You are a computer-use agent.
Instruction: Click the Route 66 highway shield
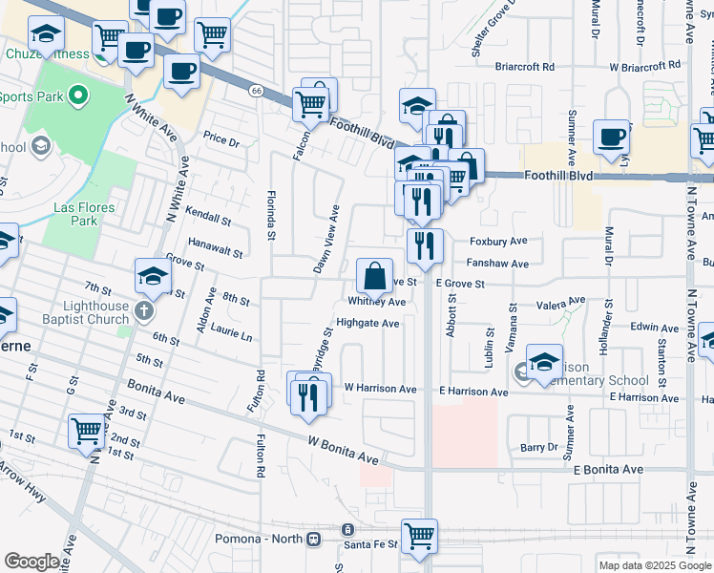pyautogui.click(x=257, y=91)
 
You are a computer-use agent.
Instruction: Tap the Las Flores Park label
pyautogui.click(x=84, y=214)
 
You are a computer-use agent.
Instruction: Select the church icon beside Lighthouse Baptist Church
pyautogui.click(x=143, y=311)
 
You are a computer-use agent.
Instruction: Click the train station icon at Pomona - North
pyautogui.click(x=347, y=530)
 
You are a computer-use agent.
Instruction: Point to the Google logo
pyautogui.click(x=31, y=562)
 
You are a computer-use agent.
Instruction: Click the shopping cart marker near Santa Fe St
pyautogui.click(x=419, y=536)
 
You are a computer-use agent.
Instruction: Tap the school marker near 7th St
pyautogui.click(x=153, y=277)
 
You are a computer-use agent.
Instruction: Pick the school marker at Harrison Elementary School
pyautogui.click(x=543, y=363)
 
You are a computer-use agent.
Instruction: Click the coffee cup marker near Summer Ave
pyautogui.click(x=610, y=136)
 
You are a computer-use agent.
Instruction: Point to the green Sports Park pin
pyautogui.click(x=78, y=95)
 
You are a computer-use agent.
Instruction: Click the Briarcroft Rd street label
pyautogui.click(x=525, y=67)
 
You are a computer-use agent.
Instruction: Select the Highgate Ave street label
pyautogui.click(x=367, y=323)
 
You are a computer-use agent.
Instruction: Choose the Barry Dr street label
pyautogui.click(x=538, y=447)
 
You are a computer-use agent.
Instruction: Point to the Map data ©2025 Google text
pyautogui.click(x=654, y=565)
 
